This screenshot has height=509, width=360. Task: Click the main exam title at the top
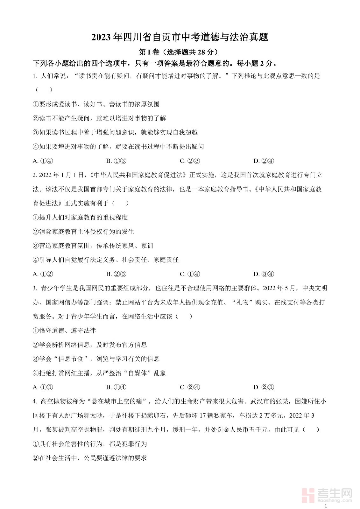pos(180,37)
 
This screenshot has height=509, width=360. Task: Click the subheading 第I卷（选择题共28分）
pos(180,52)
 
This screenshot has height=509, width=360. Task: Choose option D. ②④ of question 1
pos(264,161)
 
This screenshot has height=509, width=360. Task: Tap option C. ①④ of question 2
pos(190,274)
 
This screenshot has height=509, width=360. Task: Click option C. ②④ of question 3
pos(190,387)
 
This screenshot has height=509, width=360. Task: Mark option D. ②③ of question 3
pos(264,387)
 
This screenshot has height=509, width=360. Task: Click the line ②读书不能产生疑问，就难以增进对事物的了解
pos(99,118)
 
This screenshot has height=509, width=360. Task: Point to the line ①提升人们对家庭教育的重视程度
pos(80,218)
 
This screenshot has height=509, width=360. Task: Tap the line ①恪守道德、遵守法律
pos(64,331)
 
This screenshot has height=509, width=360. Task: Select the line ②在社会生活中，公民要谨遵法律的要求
pos(90,458)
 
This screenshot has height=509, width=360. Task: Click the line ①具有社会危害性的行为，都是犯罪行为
pos(90,444)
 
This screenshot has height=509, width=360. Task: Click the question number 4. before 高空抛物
pos(35,401)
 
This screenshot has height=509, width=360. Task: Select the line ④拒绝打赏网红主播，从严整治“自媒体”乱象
pos(99,373)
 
